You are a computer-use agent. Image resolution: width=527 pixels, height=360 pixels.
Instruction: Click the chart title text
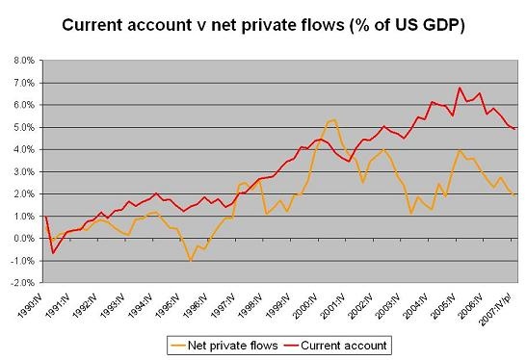coord(263,25)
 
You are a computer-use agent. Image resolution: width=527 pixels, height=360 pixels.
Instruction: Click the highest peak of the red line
coord(461,88)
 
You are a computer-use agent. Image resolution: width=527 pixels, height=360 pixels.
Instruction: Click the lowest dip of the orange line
coord(191,260)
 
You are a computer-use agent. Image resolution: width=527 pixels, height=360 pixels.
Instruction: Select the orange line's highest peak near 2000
coord(333,120)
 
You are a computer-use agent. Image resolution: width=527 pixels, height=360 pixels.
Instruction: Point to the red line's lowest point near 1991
coord(52,252)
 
